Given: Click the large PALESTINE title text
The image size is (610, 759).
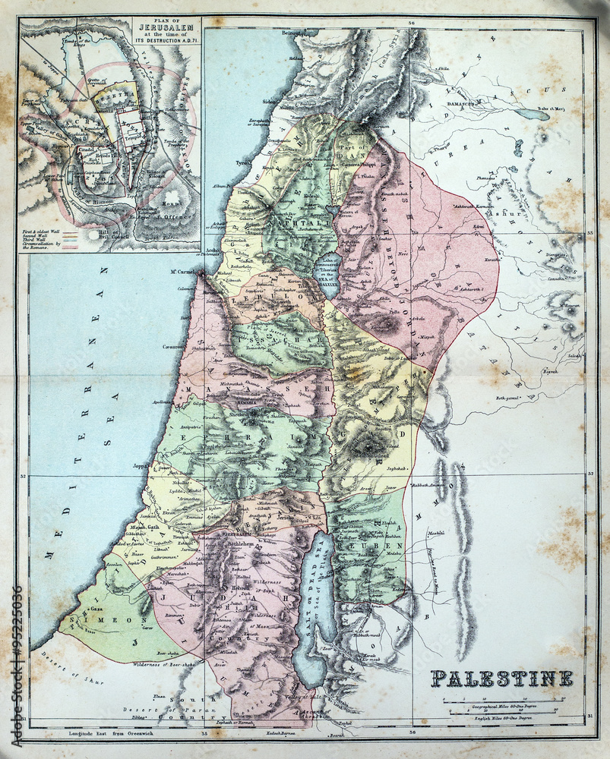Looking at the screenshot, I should click(502, 678).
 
